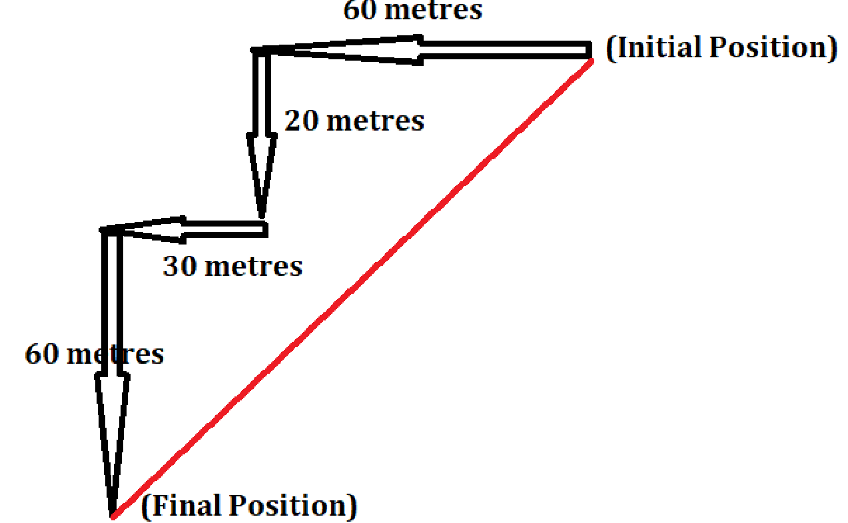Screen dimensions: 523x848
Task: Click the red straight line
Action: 353,286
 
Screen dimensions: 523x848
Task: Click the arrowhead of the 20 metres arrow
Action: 262,173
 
